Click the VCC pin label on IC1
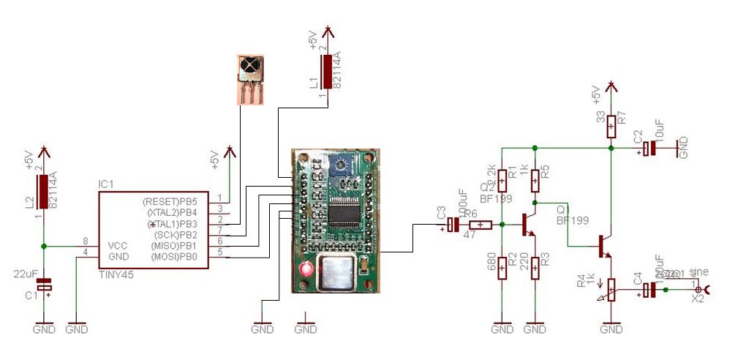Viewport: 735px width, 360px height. point(118,246)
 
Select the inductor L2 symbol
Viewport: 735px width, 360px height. point(45,192)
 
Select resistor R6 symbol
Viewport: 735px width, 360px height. point(479,225)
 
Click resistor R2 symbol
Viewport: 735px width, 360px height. point(502,269)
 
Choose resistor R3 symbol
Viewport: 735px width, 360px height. point(535,269)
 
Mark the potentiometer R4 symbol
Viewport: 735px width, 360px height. point(611,290)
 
